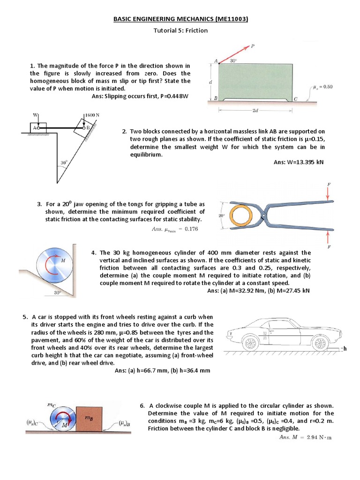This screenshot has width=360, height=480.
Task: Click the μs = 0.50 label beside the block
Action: click(323, 87)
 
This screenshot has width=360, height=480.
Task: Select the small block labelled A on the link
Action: click(35, 127)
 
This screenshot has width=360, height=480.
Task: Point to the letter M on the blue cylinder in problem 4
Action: click(63, 260)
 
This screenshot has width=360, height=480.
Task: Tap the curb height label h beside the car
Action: click(345, 349)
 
